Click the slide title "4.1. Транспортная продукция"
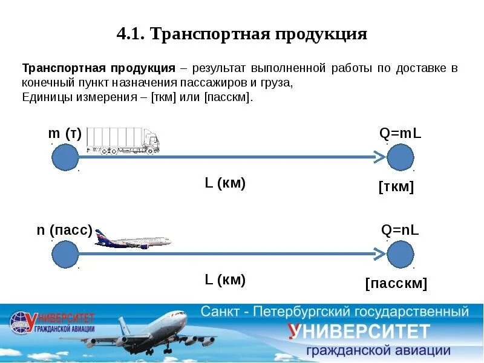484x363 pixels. (242, 33)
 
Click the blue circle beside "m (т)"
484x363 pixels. (65, 157)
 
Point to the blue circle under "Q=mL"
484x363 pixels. (400, 157)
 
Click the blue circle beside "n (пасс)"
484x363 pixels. (65, 254)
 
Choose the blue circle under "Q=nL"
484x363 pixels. (400, 254)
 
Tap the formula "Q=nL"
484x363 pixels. (400, 230)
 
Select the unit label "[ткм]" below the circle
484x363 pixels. (396, 188)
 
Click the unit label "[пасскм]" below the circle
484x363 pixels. (396, 284)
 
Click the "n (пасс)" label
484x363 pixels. (64, 231)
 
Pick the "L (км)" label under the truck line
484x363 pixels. (225, 183)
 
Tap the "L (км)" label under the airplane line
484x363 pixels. (225, 280)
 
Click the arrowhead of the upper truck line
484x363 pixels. (379, 157)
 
